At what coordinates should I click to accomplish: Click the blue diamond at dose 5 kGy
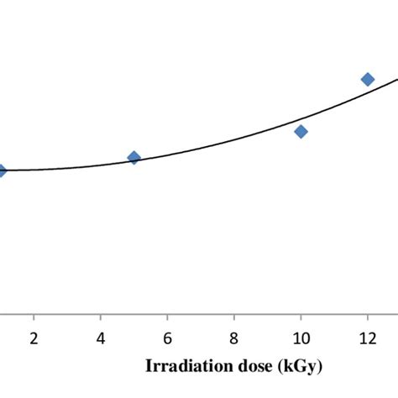(x=134, y=158)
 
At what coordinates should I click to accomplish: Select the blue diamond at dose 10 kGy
(x=301, y=131)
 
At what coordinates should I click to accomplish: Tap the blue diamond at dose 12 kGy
(x=367, y=79)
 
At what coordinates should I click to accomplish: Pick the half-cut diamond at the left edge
(x=2, y=170)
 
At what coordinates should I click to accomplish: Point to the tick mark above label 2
(x=34, y=317)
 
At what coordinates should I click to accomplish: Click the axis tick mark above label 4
(x=100, y=317)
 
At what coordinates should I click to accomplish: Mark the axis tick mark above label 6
(x=167, y=317)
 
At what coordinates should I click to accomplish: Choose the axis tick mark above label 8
(x=233, y=317)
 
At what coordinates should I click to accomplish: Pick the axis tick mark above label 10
(x=301, y=317)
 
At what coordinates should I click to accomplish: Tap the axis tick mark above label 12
(x=367, y=317)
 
